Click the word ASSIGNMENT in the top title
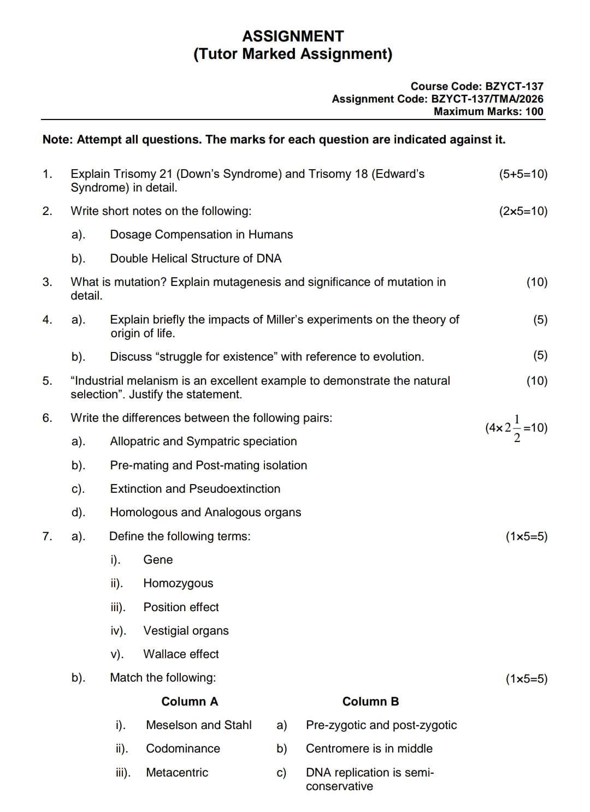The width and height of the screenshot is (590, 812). tap(293, 37)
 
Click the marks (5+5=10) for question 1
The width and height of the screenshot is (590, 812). tap(523, 174)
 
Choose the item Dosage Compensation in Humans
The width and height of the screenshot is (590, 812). tap(201, 235)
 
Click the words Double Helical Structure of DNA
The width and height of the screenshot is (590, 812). tap(196, 259)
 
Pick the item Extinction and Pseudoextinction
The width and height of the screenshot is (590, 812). tap(195, 489)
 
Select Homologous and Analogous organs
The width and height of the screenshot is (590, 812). tap(205, 512)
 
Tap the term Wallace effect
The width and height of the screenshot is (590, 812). tap(181, 654)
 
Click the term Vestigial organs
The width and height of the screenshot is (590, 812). tap(186, 631)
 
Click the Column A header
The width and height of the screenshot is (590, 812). tap(190, 702)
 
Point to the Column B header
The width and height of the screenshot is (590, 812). tap(370, 702)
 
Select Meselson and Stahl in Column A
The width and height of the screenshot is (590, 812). tap(199, 725)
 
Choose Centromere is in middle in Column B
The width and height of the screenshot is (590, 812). tap(369, 749)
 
